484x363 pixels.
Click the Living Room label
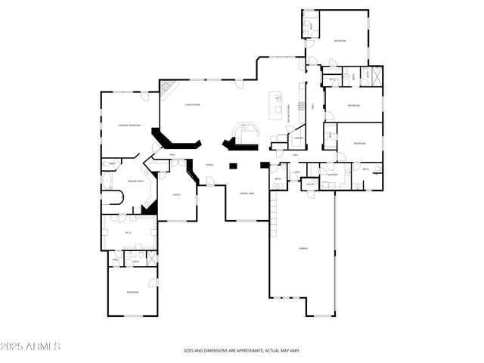coord(192,105)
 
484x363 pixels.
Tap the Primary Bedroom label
coord(129,125)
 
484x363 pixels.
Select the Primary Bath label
coord(136,181)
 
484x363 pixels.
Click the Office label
coord(175,195)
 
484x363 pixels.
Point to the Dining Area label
coord(247,194)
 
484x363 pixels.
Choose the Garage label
coord(301,247)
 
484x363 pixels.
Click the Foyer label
coord(209,164)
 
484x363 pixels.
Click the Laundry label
coord(332,174)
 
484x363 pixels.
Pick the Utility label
coord(310,183)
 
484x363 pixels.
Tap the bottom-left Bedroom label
coord(132,292)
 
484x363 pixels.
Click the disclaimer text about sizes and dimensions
coord(242,350)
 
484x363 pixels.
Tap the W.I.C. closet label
coord(129,233)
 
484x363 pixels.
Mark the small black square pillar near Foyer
coord(234,165)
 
